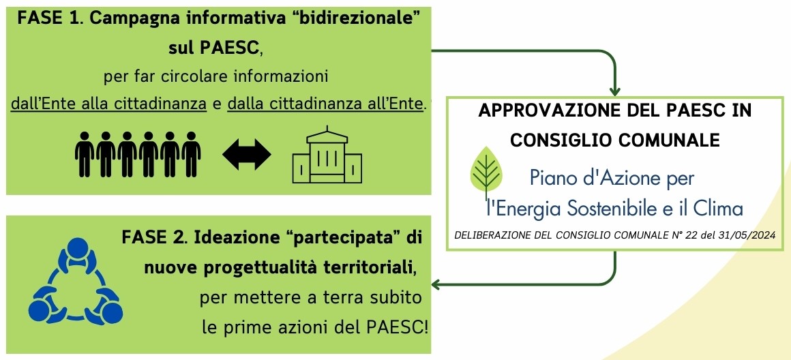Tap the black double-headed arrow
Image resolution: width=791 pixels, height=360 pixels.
point(247,154)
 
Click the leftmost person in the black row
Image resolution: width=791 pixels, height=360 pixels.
point(85,154)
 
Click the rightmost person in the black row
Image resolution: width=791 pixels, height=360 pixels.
point(191,154)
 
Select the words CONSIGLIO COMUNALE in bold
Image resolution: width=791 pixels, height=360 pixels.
point(614,140)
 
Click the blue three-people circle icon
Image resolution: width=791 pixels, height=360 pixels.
point(75,280)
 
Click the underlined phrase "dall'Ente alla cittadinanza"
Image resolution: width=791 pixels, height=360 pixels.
point(108,104)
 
